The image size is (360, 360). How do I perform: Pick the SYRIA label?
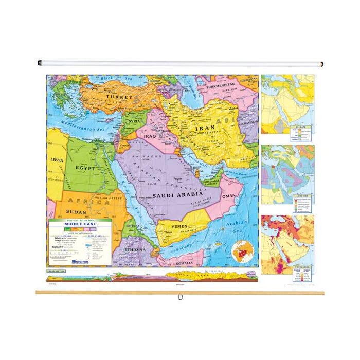(134, 121)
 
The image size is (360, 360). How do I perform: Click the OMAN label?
(229, 196)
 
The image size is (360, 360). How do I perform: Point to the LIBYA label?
(57, 160)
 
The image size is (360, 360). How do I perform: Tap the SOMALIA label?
(184, 264)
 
